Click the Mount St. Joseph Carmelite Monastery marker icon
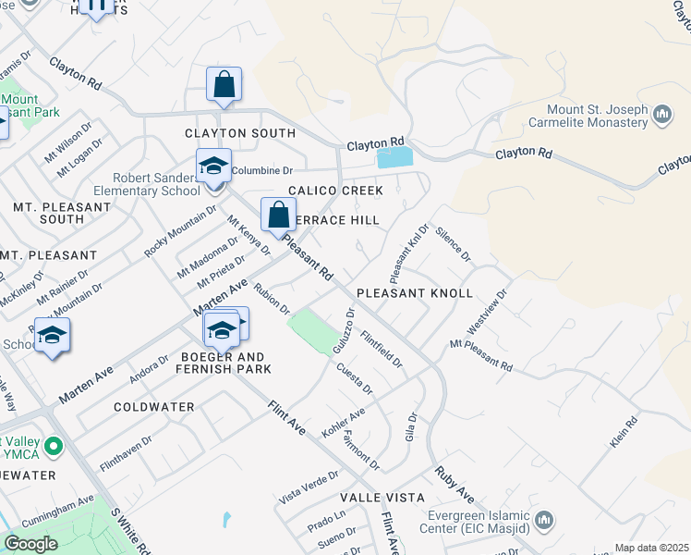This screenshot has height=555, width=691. click(x=661, y=116)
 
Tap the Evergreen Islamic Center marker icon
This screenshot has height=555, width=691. click(x=545, y=520)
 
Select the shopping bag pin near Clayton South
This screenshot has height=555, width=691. click(x=224, y=85)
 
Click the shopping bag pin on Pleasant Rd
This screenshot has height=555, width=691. click(x=278, y=216)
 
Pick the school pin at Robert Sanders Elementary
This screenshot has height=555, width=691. click(x=213, y=167)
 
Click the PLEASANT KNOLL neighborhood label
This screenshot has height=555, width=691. click(x=428, y=293)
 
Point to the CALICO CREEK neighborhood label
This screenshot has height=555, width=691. click(x=335, y=191)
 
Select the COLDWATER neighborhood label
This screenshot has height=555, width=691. click(x=154, y=407)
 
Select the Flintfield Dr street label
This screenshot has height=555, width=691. click(x=382, y=349)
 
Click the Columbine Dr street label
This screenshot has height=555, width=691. click(x=261, y=171)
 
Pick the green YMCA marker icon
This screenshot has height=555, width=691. click(x=54, y=449)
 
